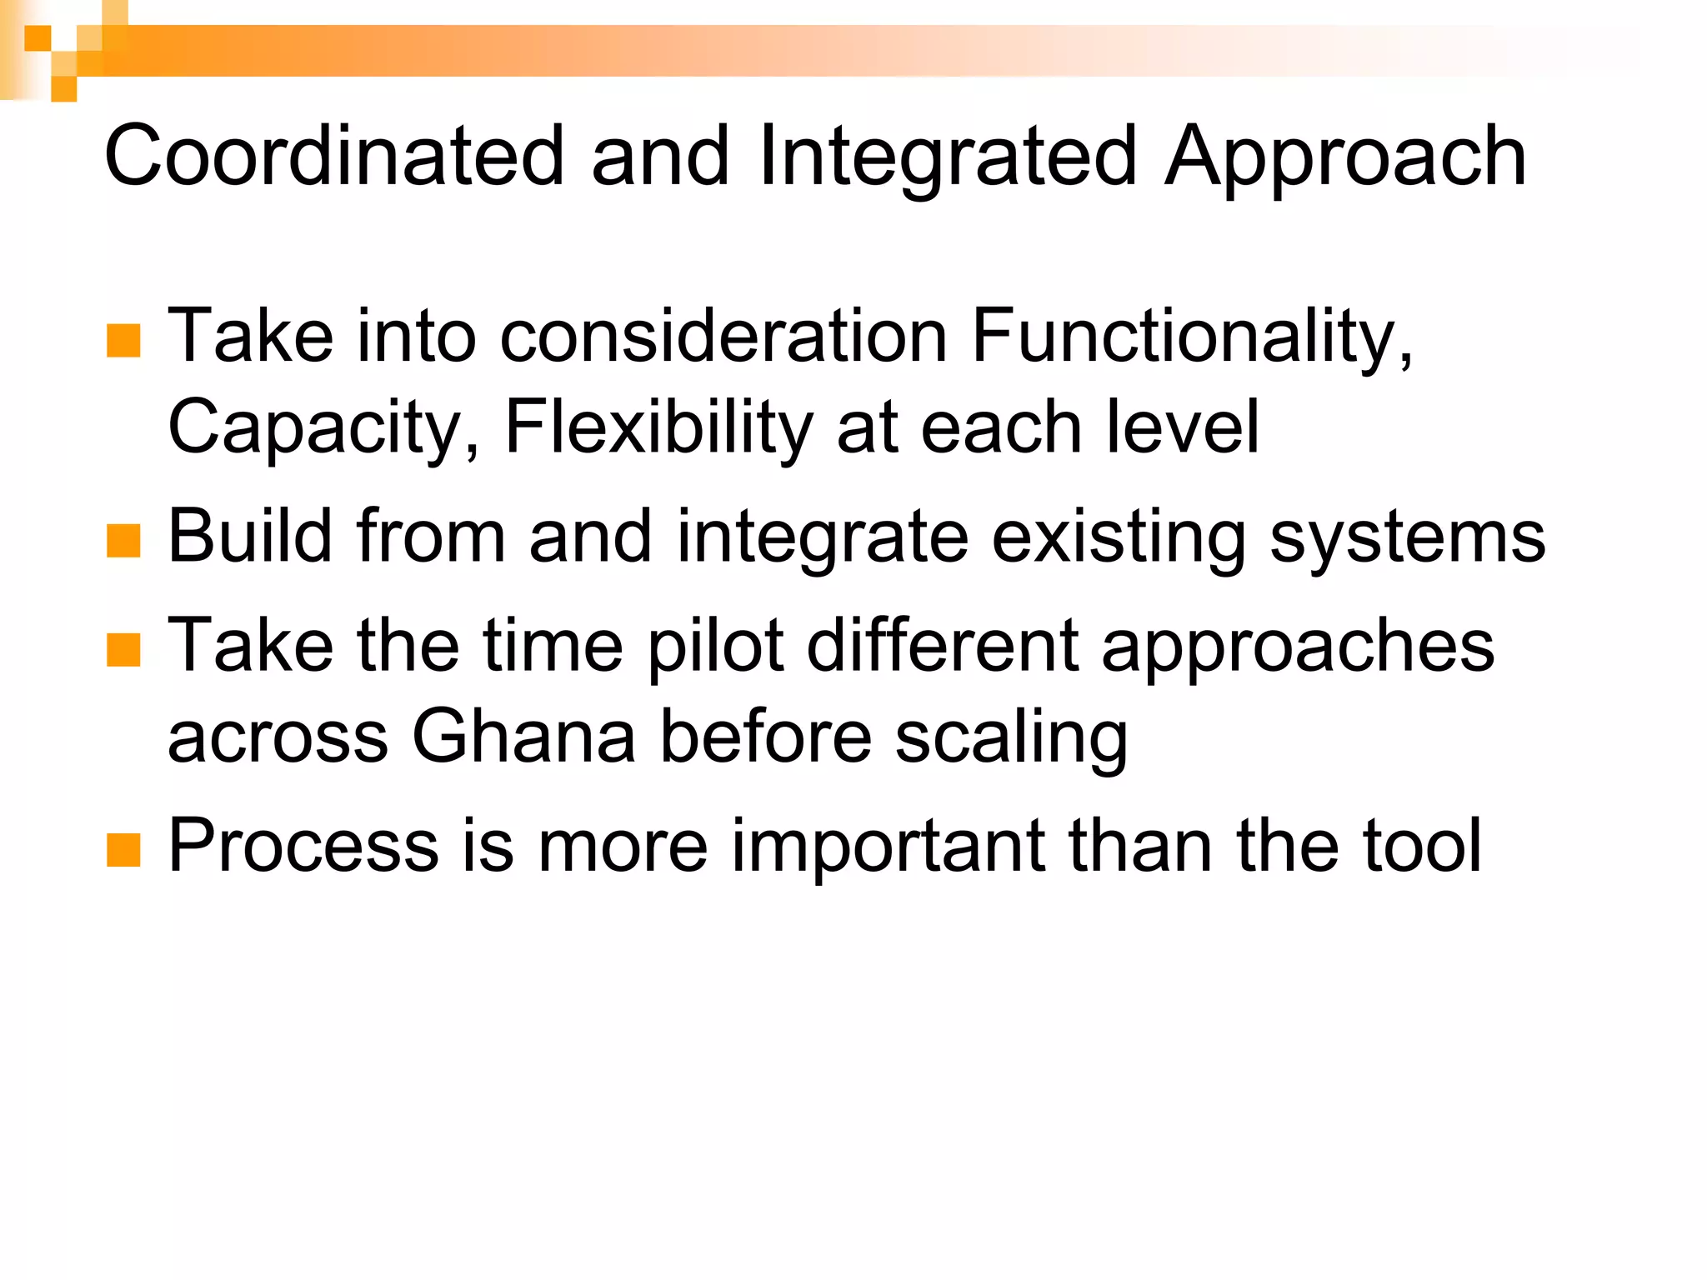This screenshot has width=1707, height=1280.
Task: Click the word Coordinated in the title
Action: pyautogui.click(x=334, y=156)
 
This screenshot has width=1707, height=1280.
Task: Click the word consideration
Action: pyautogui.click(x=724, y=335)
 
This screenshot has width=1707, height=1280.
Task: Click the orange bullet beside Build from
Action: pyautogui.click(x=123, y=541)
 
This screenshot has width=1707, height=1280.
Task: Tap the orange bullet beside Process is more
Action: pyautogui.click(x=123, y=850)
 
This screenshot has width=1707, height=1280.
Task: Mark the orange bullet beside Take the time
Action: pyautogui.click(x=123, y=650)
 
